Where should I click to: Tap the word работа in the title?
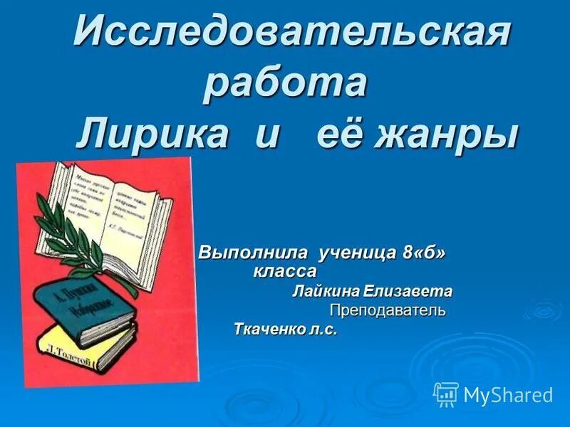[x=285, y=84]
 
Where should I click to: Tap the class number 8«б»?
[x=427, y=253]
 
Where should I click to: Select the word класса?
[x=284, y=271]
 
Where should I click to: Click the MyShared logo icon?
[x=446, y=394]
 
